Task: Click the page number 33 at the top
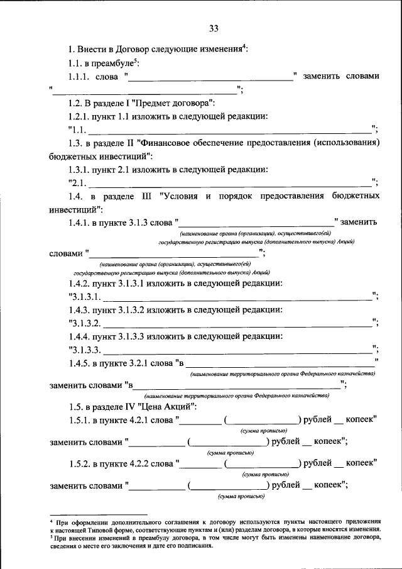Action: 214,28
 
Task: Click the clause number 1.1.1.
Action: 79,77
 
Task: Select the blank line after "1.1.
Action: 229,131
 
